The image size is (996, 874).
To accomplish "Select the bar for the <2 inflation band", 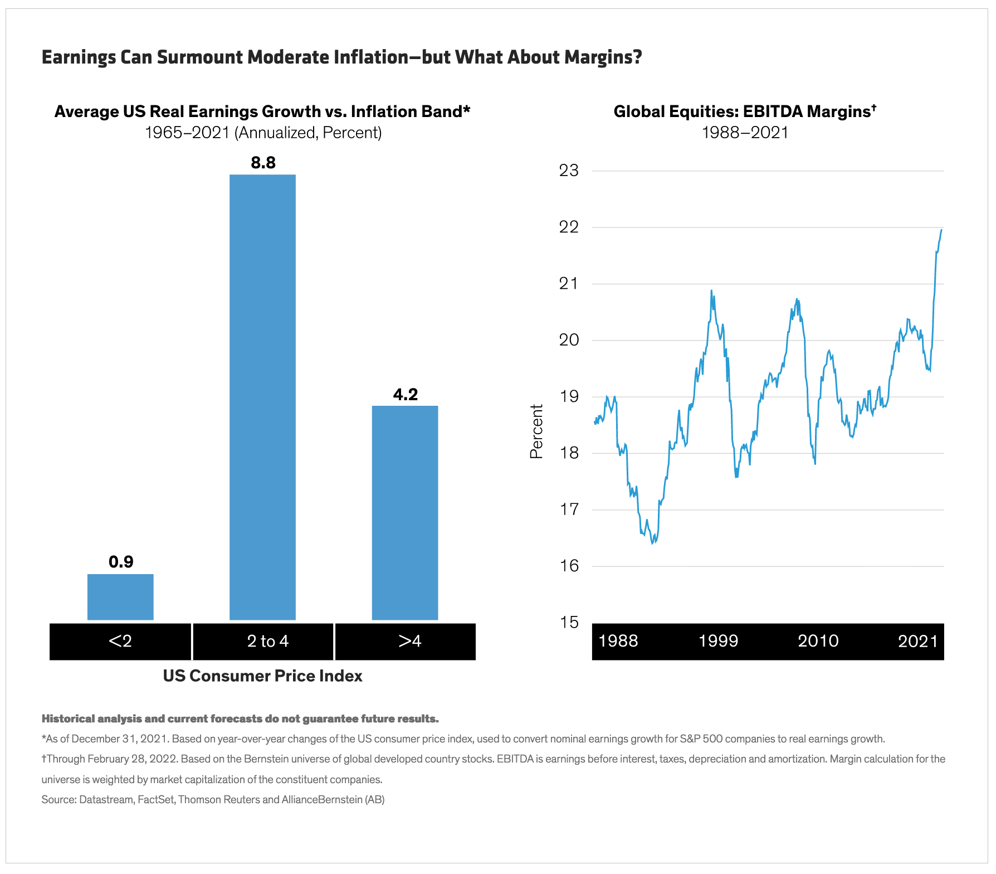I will click(120, 596).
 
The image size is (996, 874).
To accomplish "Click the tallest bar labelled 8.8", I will click(262, 397).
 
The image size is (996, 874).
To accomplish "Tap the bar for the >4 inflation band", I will click(405, 512).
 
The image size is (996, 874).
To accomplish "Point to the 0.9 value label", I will click(121, 561).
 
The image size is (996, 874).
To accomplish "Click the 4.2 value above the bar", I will click(405, 394).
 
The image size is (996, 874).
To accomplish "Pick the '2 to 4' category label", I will click(267, 641).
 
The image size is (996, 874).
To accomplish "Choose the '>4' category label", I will click(409, 641).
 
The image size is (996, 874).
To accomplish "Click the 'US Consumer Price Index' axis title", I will click(262, 676).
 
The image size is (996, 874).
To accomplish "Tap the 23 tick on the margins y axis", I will click(569, 171).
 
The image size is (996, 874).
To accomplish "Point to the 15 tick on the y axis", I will click(569, 622).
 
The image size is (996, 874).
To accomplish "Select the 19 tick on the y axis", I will click(569, 396).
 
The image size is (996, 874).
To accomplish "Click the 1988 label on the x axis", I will click(618, 641).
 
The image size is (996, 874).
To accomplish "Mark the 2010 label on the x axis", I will click(818, 641).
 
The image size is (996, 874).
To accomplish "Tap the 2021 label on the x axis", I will click(917, 641).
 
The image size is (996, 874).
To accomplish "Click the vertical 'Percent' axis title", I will click(536, 431).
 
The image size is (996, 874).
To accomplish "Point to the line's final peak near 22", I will click(941, 230).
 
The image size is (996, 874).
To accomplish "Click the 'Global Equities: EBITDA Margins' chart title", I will click(745, 111).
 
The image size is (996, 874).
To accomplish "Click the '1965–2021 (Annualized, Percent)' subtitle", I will click(263, 133).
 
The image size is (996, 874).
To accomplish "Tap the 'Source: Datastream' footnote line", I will click(213, 799).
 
